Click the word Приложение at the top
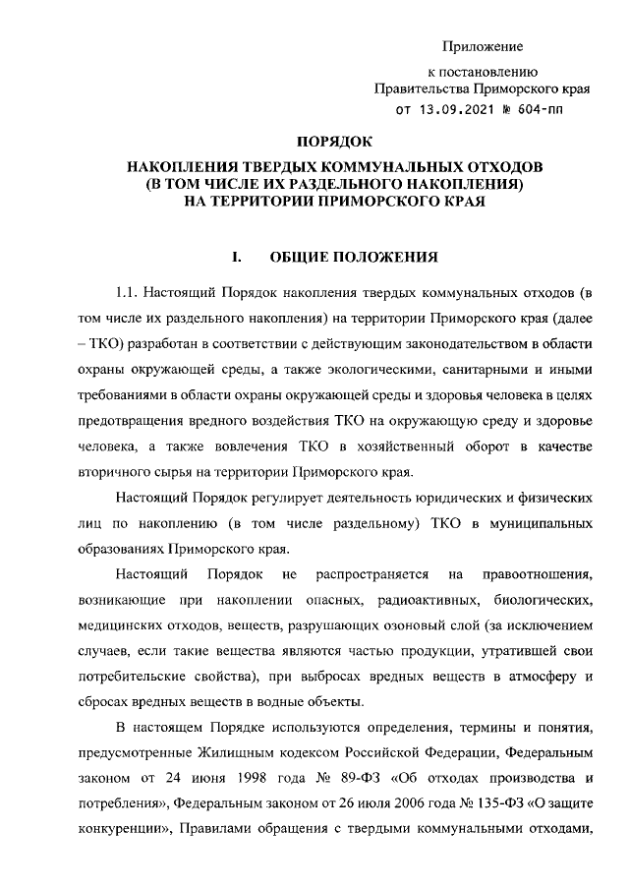click(x=483, y=46)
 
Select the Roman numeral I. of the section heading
click(x=237, y=259)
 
